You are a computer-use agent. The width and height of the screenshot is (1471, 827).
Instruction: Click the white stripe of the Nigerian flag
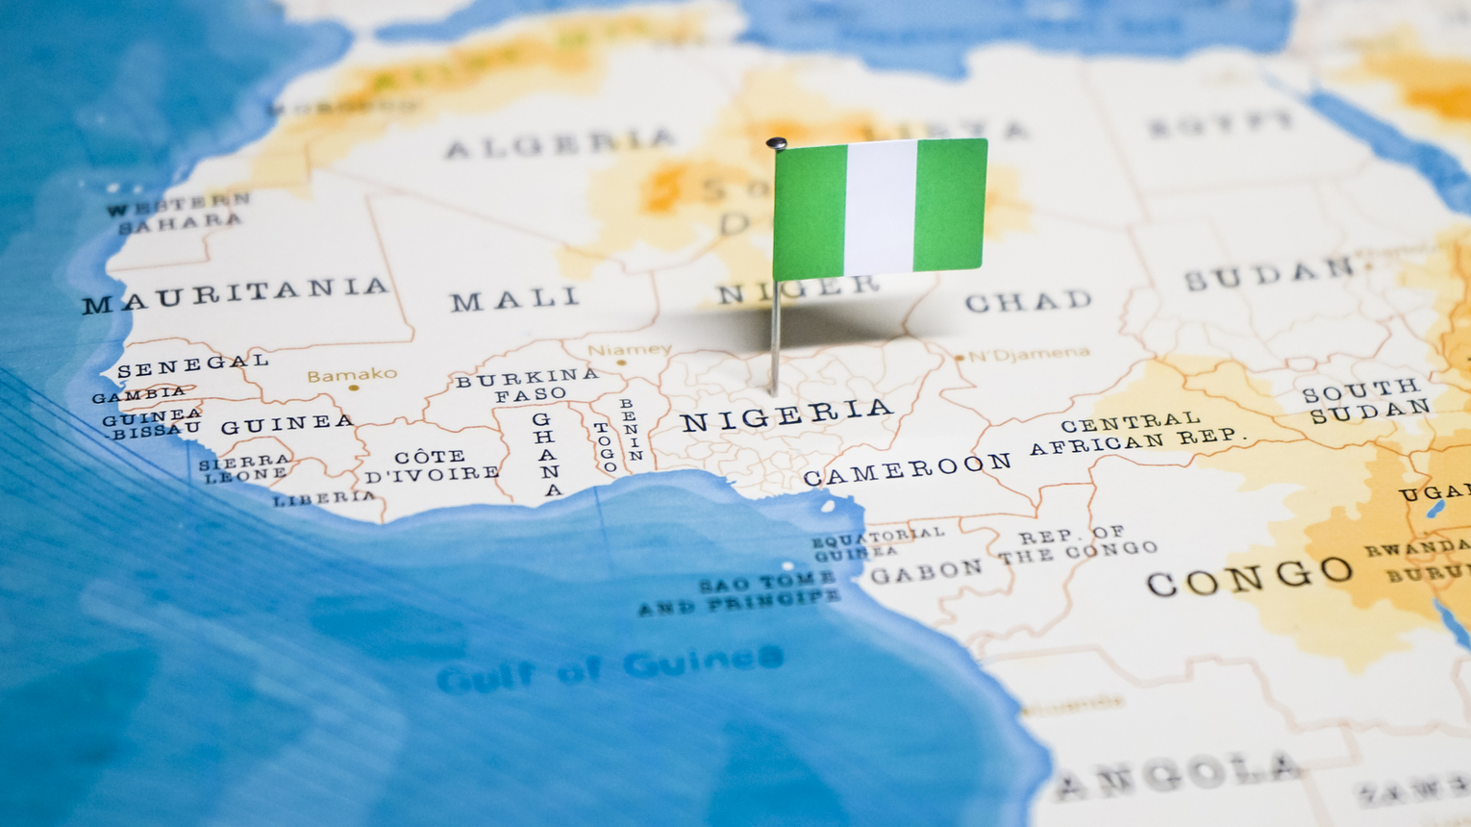pyautogui.click(x=880, y=207)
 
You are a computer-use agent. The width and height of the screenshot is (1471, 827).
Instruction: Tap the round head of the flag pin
pyautogui.click(x=777, y=144)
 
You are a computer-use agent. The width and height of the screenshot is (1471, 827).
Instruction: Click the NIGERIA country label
pyautogui.click(x=786, y=414)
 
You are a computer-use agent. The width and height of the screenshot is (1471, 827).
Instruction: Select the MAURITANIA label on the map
pyautogui.click(x=236, y=294)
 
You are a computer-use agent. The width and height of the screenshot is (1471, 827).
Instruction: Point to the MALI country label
pyautogui.click(x=515, y=299)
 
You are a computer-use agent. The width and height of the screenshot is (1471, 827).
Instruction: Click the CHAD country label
pyautogui.click(x=1028, y=301)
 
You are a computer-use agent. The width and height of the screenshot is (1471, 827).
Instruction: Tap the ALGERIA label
pyautogui.click(x=559, y=143)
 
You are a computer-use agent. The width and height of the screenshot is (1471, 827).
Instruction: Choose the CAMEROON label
pyautogui.click(x=907, y=469)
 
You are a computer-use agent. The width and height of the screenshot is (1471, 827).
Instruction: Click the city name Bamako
pyautogui.click(x=352, y=374)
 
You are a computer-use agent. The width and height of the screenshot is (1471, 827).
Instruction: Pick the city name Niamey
pyautogui.click(x=630, y=350)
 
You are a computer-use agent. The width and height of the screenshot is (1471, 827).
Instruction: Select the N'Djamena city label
pyautogui.click(x=1029, y=355)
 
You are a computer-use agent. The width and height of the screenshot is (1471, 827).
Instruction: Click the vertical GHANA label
pyautogui.click(x=547, y=454)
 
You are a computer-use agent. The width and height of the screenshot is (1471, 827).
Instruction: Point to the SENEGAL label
pyautogui.click(x=192, y=364)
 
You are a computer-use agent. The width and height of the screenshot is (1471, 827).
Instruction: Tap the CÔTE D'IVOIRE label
pyautogui.click(x=432, y=465)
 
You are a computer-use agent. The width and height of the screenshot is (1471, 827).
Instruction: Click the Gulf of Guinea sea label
pyautogui.click(x=610, y=669)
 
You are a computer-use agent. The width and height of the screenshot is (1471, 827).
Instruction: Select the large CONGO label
pyautogui.click(x=1250, y=576)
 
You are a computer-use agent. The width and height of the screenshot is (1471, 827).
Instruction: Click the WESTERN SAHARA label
pyautogui.click(x=179, y=213)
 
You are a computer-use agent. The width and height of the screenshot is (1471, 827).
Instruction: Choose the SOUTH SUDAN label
pyautogui.click(x=1367, y=400)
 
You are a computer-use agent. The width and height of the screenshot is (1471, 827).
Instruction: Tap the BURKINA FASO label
pyautogui.click(x=528, y=386)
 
